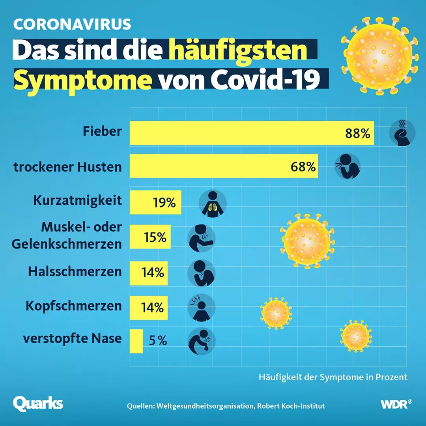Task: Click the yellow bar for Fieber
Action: click(x=237, y=133)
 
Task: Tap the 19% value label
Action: click(x=164, y=203)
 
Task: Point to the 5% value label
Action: click(x=158, y=340)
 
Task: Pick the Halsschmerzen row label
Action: click(x=75, y=272)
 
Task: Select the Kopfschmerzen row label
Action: click(x=74, y=306)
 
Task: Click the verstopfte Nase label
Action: click(x=72, y=338)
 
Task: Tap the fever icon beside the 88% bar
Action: click(x=402, y=133)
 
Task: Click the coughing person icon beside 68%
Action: click(x=348, y=166)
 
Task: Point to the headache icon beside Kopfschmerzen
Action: click(x=201, y=307)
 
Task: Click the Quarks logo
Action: click(x=38, y=404)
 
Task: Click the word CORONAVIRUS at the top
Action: click(x=72, y=24)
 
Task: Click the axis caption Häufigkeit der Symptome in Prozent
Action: click(x=333, y=377)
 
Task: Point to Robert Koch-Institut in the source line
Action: click(x=291, y=406)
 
